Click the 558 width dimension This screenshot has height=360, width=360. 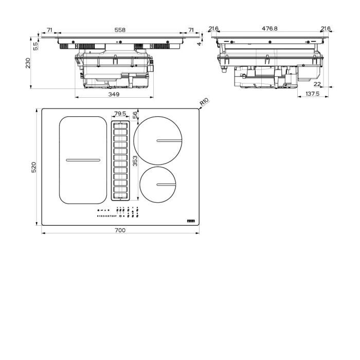tap(120, 30)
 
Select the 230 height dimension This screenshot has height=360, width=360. tap(28, 63)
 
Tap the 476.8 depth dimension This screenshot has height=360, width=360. tap(269, 29)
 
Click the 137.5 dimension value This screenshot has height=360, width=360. tap(312, 94)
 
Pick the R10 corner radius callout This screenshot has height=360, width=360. tap(204, 102)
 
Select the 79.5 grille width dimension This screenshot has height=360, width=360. tap(120, 114)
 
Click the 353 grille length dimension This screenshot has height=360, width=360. tap(135, 161)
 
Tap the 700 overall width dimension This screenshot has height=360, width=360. tap(120, 230)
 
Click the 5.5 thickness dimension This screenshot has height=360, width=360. tap(35, 46)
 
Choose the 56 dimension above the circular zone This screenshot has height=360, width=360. tap(135, 115)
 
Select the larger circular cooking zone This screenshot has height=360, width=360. tap(158, 140)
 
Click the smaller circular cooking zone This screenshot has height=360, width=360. tap(157, 185)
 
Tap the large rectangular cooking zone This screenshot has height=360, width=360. tap(82, 159)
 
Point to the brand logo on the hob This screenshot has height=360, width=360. tap(191, 220)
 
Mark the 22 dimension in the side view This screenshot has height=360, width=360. tap(317, 84)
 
